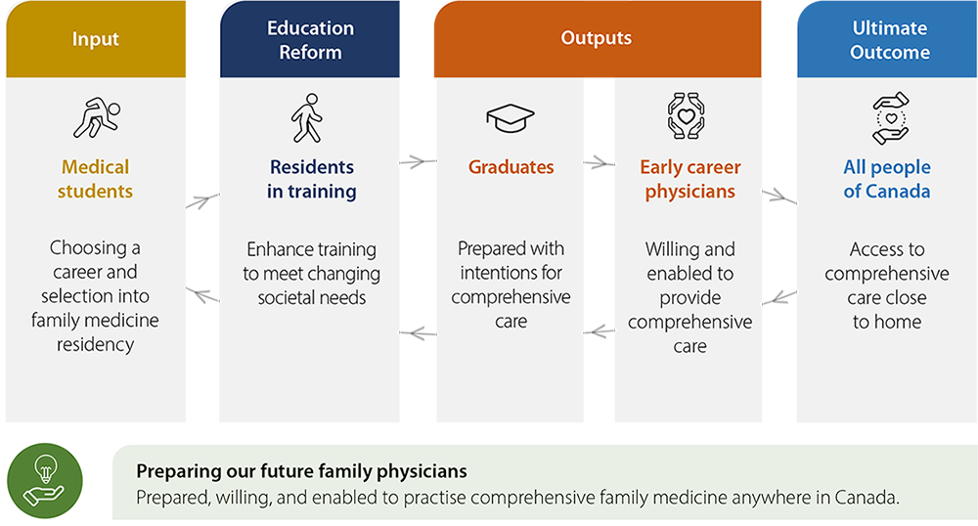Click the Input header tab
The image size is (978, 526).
tap(96, 39)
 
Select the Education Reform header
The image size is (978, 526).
tap(310, 39)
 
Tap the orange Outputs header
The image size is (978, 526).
tap(598, 39)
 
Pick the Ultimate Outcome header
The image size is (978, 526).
tap(888, 39)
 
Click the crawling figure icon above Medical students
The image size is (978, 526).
tap(97, 117)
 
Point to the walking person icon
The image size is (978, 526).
tap(307, 118)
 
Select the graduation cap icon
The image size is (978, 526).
tap(511, 117)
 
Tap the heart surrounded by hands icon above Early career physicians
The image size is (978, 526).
tap(687, 116)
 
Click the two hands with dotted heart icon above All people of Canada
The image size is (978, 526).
tap(891, 118)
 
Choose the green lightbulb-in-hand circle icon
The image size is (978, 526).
tap(45, 480)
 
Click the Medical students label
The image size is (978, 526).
tap(96, 179)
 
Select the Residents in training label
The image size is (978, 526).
tap(312, 179)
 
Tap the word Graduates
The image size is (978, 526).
tap(511, 167)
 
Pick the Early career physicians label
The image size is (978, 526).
tap(689, 179)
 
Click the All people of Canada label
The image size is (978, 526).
tap(887, 179)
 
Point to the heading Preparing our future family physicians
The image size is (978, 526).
tap(301, 471)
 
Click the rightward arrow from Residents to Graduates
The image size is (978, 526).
tap(418, 162)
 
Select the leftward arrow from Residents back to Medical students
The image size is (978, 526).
tap(202, 295)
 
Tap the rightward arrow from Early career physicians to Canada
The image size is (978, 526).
tap(779, 197)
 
